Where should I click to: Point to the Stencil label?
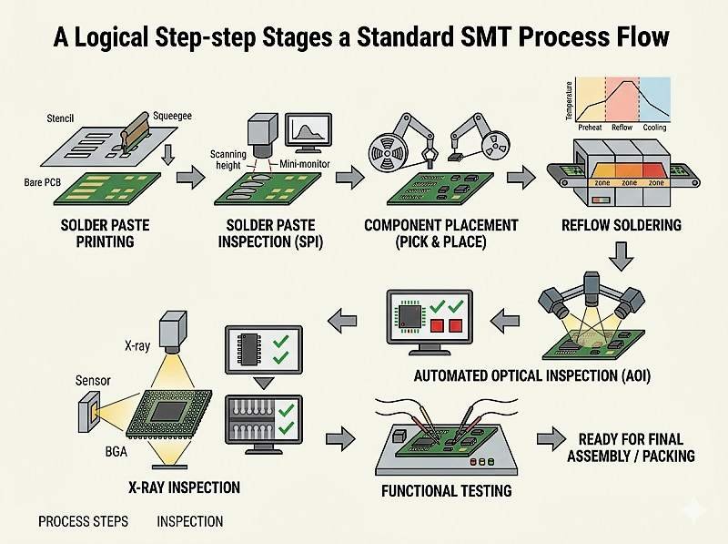[61, 118]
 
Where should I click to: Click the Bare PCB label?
[44, 183]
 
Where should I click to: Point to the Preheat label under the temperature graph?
[590, 128]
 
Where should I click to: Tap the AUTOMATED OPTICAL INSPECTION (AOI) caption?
[529, 375]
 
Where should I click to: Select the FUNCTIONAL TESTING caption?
[444, 491]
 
